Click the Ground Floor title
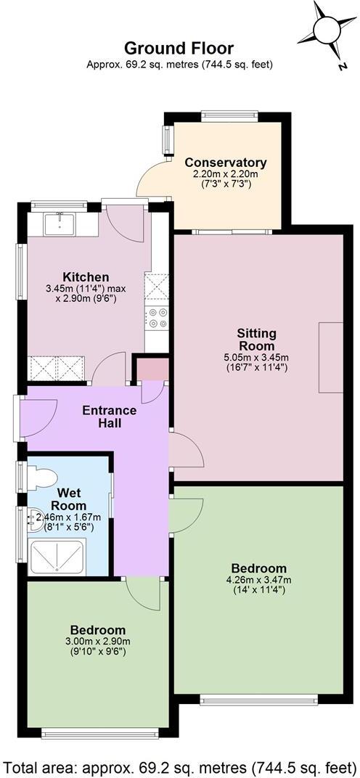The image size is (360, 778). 179,48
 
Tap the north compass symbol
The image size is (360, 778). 327,33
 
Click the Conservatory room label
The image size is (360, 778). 225,163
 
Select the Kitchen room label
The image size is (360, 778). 86,277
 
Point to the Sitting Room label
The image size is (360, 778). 256,340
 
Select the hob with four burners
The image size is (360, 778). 157,317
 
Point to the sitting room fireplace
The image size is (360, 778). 330,357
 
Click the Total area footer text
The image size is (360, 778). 179,765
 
